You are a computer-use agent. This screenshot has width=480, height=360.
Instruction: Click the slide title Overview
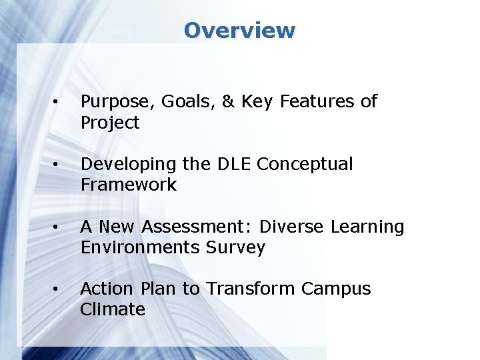(239, 31)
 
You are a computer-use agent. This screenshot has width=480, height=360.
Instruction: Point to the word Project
(110, 123)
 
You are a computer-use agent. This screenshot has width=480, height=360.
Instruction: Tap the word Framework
(129, 185)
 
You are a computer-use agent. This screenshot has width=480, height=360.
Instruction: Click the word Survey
(235, 248)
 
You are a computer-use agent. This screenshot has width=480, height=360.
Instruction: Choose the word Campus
(336, 289)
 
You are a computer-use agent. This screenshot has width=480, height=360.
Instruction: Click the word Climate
(113, 309)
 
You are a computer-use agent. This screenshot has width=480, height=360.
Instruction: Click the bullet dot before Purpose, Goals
(57, 102)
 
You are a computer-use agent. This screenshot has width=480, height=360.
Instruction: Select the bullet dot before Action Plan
(57, 289)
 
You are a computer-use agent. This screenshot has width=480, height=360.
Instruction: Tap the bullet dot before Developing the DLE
(57, 165)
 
